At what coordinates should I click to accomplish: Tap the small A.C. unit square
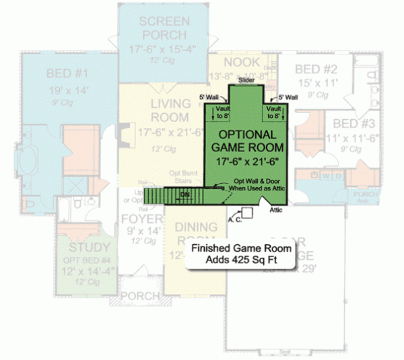(248, 213)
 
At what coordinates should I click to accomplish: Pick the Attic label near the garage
(276, 210)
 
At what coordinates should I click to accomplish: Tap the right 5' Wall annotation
(288, 97)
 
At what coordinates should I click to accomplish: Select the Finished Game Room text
(232, 248)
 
